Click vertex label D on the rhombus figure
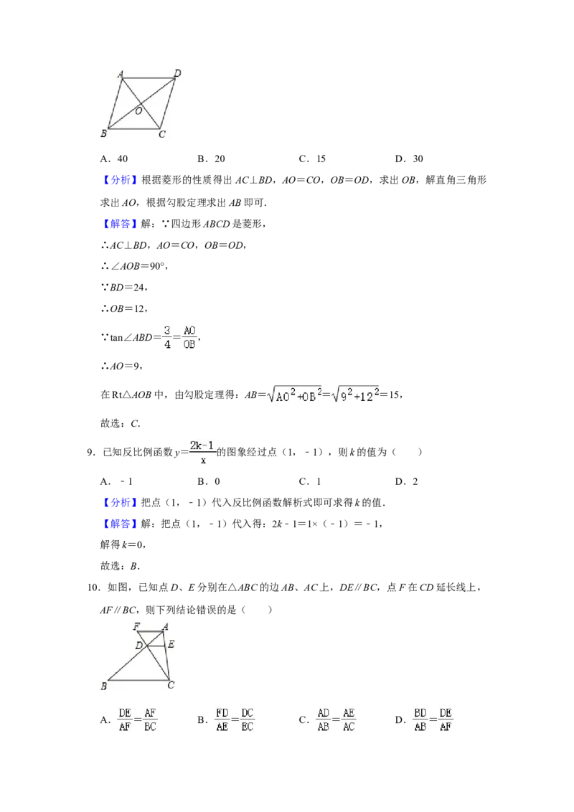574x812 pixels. pos(177,73)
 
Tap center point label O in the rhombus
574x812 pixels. pos(138,110)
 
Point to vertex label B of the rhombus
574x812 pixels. pos(103,133)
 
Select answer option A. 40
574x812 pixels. pos(114,159)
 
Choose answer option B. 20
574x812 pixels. pos(212,159)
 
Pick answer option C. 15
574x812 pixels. pos(312,159)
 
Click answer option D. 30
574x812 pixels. pos(409,159)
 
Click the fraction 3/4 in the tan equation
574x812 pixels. pos(166,337)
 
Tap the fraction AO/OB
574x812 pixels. pos(189,337)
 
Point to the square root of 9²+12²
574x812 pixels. pos(355,395)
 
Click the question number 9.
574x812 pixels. pos(90,452)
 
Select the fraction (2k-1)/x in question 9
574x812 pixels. pos(202,452)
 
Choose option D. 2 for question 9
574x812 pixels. pos(407,481)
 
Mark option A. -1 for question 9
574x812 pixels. pos(116,481)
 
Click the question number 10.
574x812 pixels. pos(93,587)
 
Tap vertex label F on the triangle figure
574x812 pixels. pos(137,626)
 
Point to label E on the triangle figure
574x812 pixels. pos(171,644)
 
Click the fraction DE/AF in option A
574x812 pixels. pos(125,719)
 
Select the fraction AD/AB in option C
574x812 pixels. pos(324,719)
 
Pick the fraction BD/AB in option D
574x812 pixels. pos(420,719)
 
